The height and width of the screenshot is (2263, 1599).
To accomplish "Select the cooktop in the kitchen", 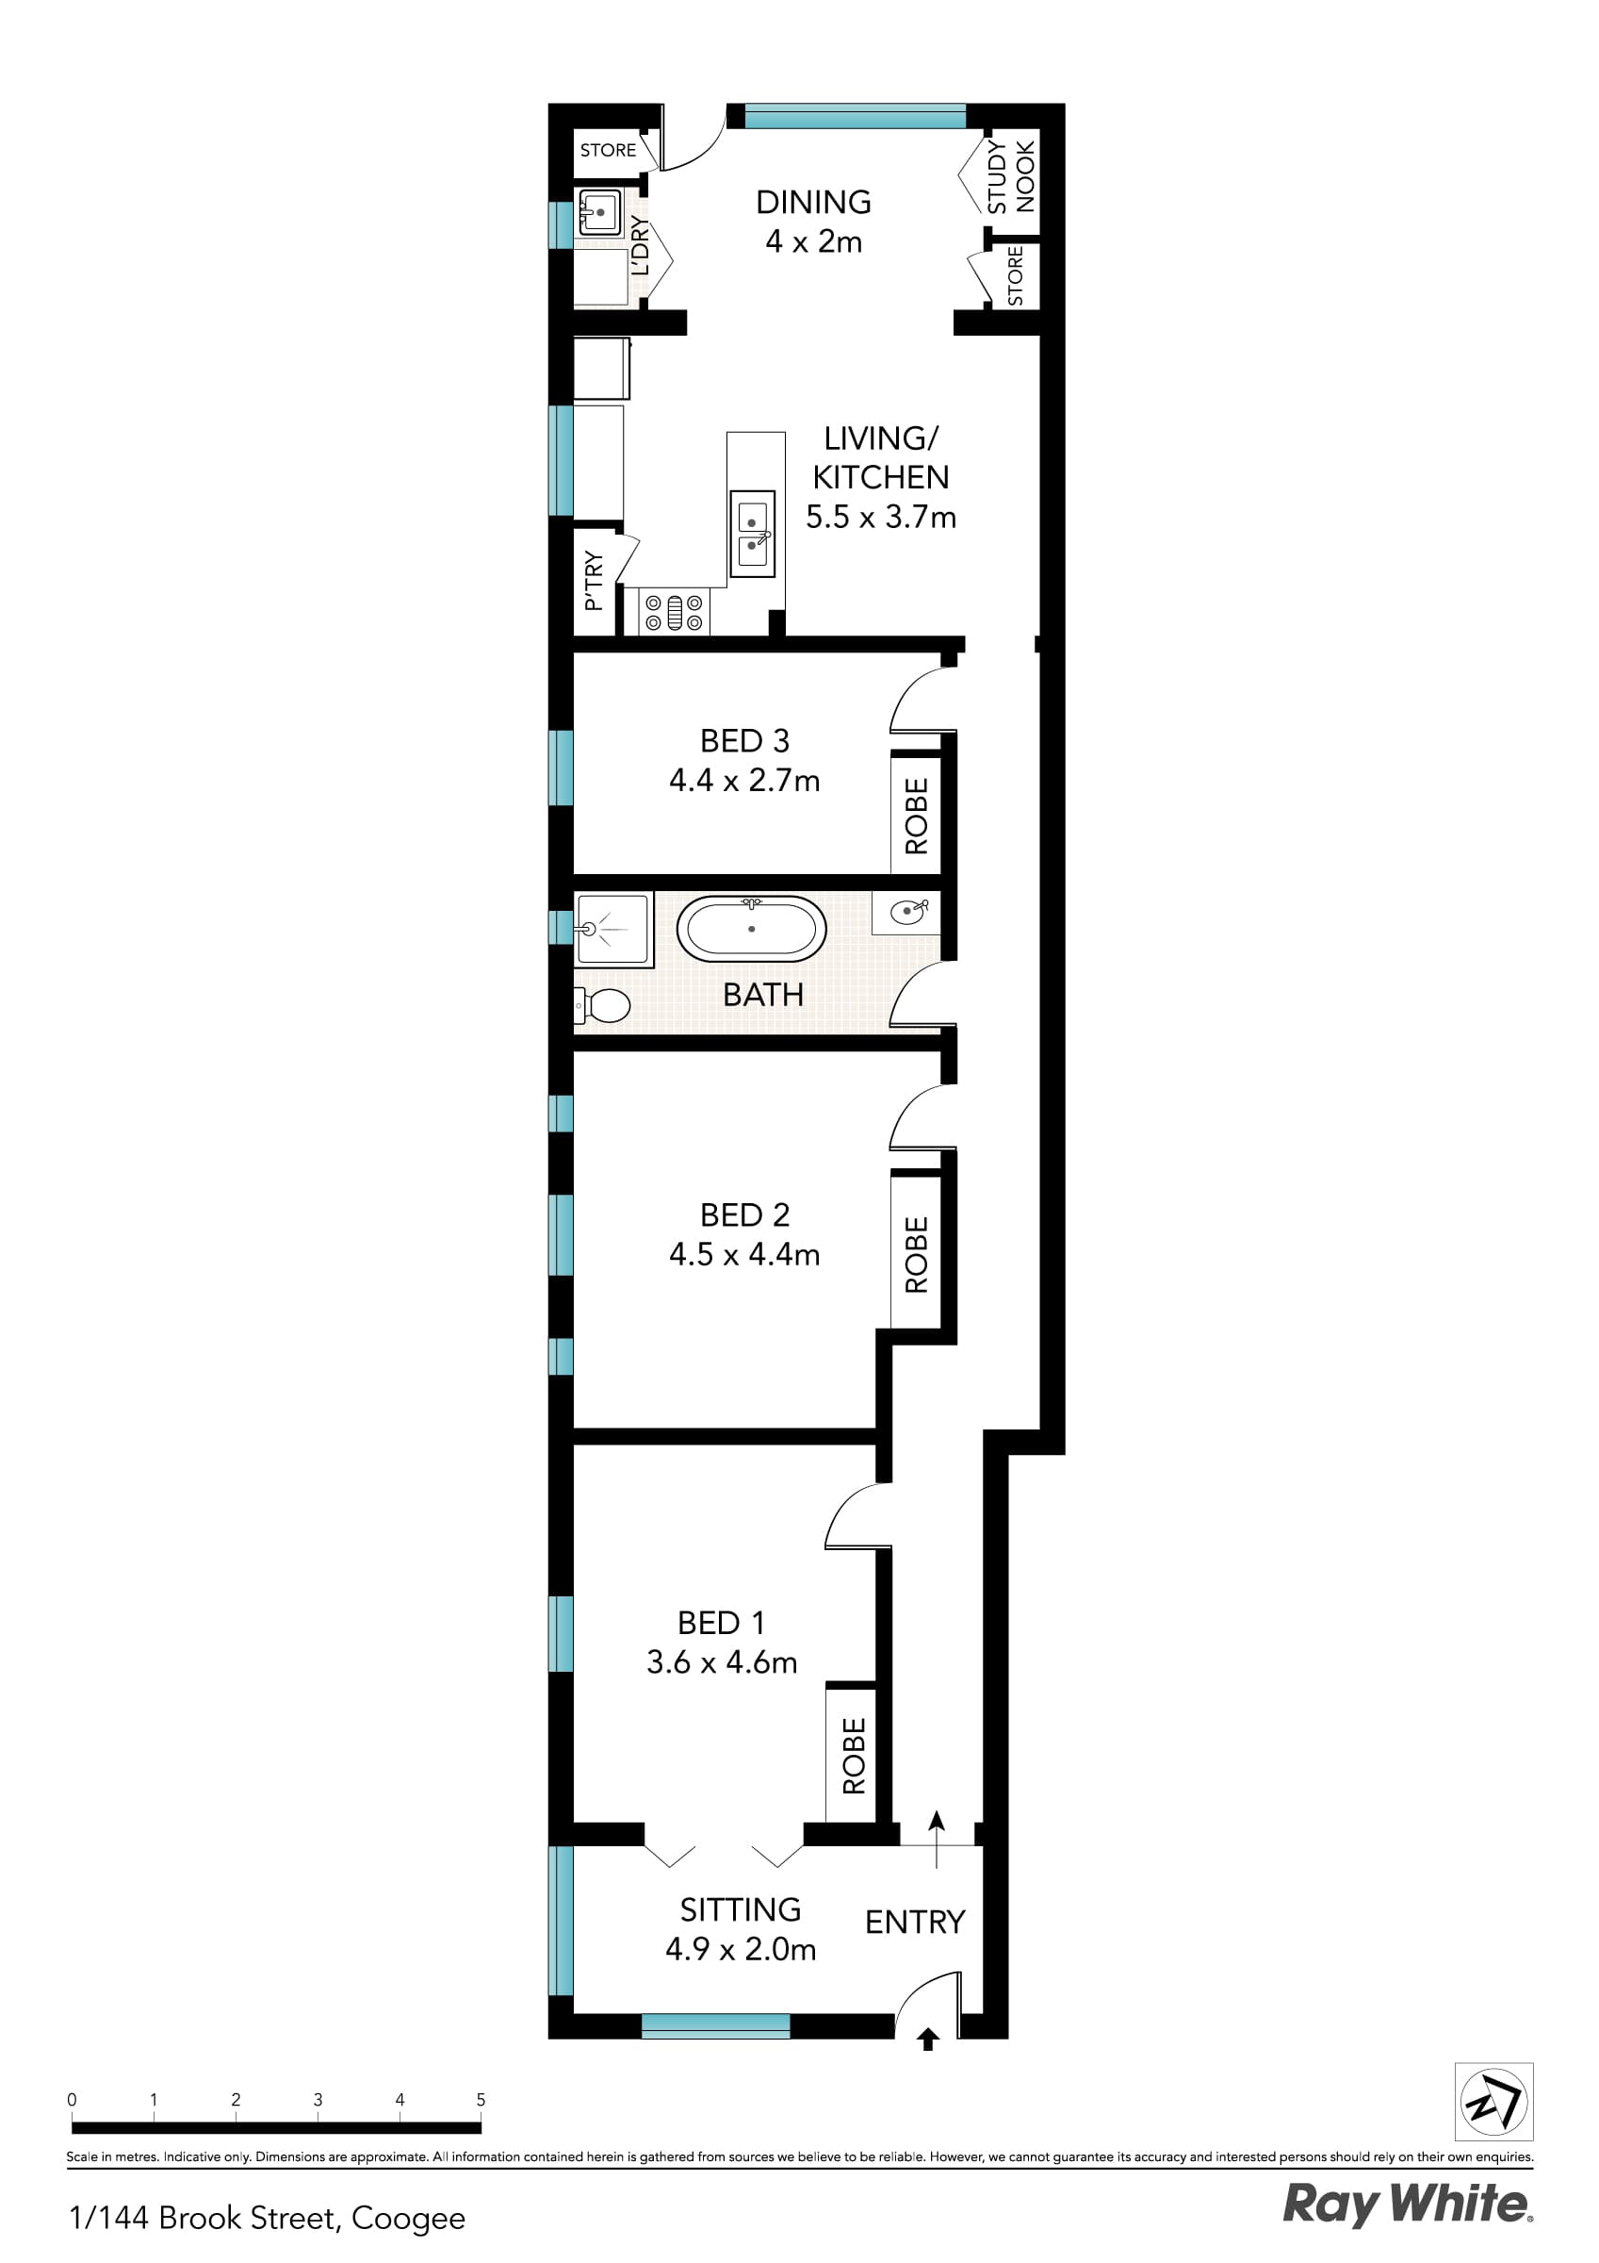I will click(x=674, y=611).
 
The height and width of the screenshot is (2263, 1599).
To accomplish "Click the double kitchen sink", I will click(x=753, y=534).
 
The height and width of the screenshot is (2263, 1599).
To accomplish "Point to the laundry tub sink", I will click(x=599, y=212).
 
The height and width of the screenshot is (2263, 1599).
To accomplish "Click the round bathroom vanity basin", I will click(x=907, y=913).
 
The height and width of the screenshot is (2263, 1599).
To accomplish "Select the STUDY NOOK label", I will click(x=1011, y=176).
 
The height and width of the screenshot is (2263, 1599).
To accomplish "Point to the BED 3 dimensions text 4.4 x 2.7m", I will click(x=743, y=781).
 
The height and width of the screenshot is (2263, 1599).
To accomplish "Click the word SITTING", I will click(x=740, y=1909).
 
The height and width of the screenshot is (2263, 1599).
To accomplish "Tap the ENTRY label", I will click(x=914, y=1921).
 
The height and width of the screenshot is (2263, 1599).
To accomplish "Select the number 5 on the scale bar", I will click(x=481, y=2099).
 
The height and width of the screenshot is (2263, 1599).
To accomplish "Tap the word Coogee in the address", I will click(x=408, y=2218).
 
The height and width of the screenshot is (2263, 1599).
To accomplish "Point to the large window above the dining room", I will click(x=855, y=116).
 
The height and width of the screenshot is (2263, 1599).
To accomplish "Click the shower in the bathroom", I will click(x=612, y=929).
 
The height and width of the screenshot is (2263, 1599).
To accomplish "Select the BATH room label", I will click(x=762, y=995).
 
